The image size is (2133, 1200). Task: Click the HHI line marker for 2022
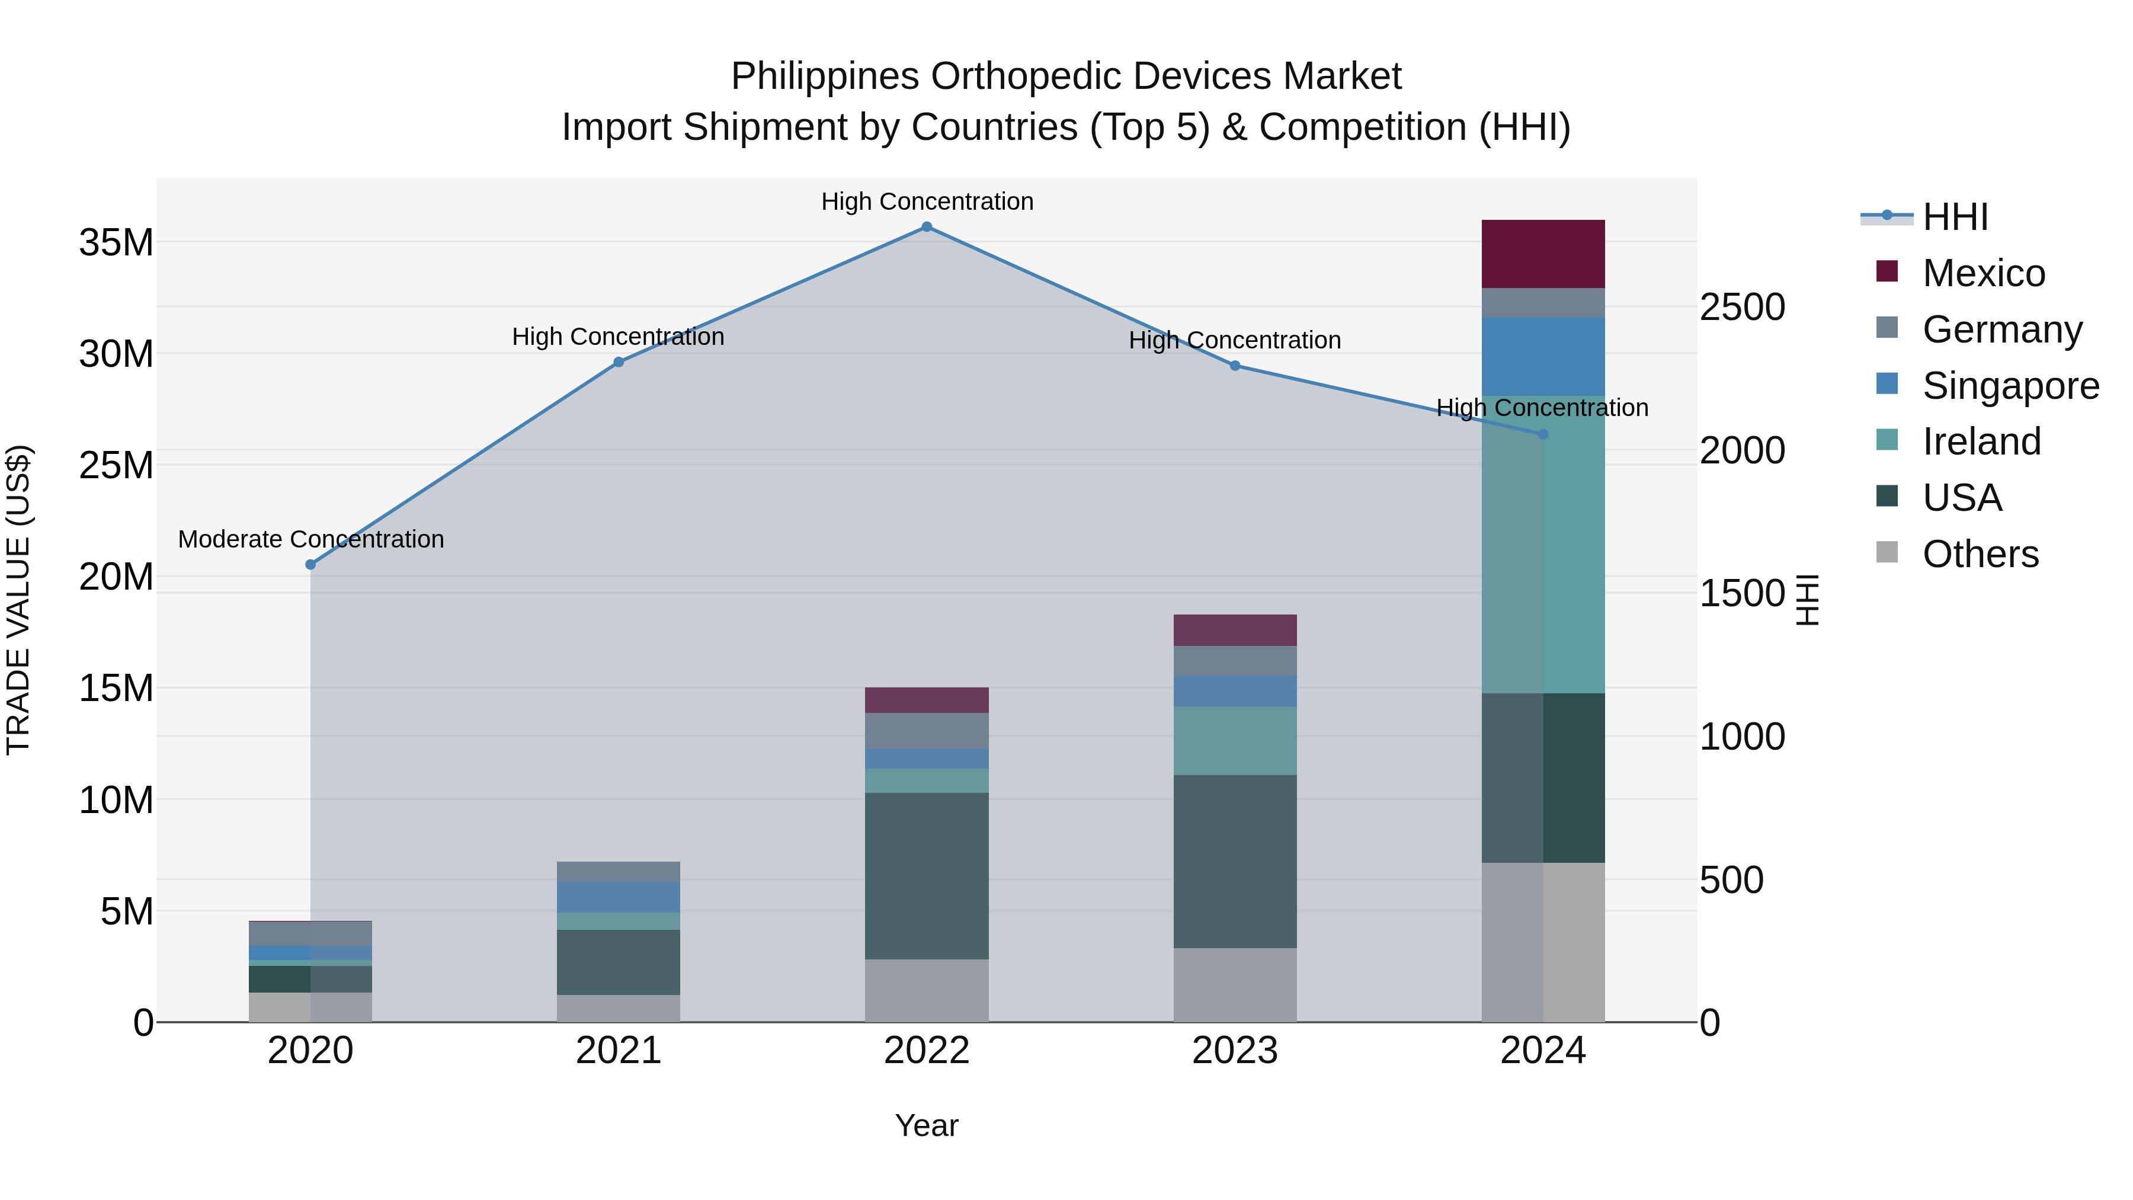pos(927,227)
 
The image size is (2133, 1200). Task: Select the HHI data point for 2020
pos(310,565)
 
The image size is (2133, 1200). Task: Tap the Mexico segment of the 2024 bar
pos(1543,254)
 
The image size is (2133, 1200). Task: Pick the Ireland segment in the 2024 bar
pos(1543,544)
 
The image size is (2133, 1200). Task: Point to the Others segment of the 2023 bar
pos(1235,985)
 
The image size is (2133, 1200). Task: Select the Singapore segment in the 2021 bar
pos(618,897)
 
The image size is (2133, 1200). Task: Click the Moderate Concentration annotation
pos(310,539)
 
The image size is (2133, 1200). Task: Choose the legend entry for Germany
pos(2001,329)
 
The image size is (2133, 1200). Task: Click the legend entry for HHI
pos(1954,217)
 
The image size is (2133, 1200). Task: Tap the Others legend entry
pos(1980,554)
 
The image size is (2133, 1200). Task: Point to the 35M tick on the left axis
pos(116,242)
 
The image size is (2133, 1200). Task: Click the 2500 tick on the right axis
pos(1741,307)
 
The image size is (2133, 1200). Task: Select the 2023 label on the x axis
pos(1235,1051)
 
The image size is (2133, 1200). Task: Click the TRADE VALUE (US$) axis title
pos(18,600)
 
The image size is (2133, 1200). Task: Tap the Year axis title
pos(927,1125)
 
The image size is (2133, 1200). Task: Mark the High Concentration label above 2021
pos(618,337)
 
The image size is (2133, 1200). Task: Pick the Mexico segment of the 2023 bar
pos(1235,631)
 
